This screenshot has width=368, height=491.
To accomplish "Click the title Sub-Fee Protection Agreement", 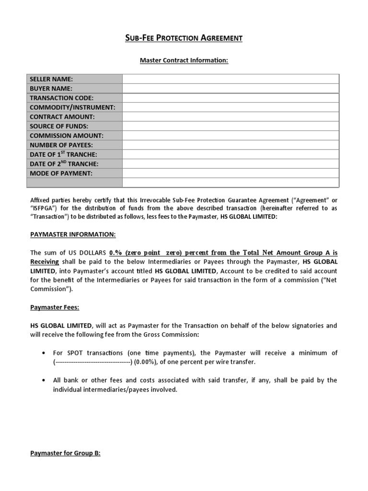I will (x=184, y=38).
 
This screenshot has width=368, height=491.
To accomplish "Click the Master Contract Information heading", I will (x=184, y=60).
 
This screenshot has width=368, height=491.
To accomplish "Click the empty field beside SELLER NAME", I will (x=230, y=79).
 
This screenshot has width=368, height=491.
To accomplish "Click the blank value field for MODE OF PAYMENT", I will (x=230, y=173).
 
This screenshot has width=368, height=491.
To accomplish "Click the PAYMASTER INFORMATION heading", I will (x=73, y=234).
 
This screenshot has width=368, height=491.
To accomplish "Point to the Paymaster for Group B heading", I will (x=65, y=453).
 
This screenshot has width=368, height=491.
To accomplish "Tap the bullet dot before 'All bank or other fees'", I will (x=44, y=380).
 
